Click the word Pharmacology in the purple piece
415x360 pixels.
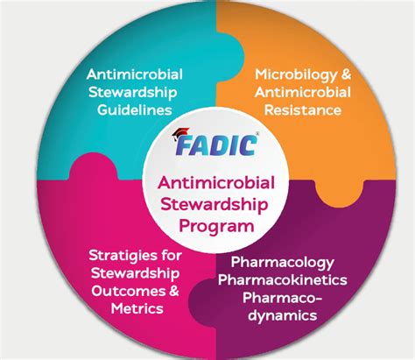pyautogui.click(x=289, y=261)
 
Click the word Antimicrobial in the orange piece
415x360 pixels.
pyautogui.click(x=300, y=93)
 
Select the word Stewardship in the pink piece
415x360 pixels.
pyautogui.click(x=130, y=275)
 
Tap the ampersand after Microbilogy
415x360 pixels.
pyautogui.click(x=336, y=74)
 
